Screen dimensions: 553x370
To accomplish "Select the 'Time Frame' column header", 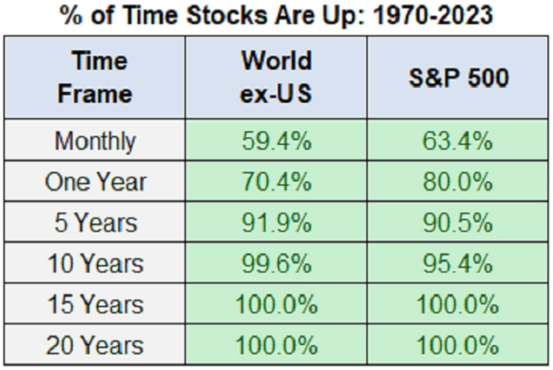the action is [95, 77].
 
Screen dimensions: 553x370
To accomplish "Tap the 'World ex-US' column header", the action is [276, 77].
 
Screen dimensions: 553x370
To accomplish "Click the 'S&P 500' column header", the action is [458, 77].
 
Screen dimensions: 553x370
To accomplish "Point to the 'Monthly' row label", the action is [95, 142].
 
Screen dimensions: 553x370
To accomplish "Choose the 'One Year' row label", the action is [95, 182].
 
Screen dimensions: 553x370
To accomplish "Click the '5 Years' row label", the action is [95, 223].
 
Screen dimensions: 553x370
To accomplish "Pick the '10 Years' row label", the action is [95, 264].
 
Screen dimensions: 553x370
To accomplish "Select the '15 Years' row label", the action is [95, 304].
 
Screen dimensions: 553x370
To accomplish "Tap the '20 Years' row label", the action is [95, 345].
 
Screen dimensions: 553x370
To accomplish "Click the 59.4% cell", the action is [276, 142].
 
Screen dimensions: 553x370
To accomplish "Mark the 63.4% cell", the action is [458, 142].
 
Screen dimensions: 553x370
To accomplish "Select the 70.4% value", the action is [276, 182].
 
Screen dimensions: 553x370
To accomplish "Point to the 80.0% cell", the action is [458, 182].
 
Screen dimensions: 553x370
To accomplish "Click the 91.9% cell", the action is [276, 223].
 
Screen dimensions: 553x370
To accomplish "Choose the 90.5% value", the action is [458, 223].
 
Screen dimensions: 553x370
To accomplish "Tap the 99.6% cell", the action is [276, 264].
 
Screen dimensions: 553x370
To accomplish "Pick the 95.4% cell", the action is [458, 264].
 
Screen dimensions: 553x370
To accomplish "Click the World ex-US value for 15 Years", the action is [276, 304].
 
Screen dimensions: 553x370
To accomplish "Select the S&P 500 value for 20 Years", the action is [458, 345].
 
